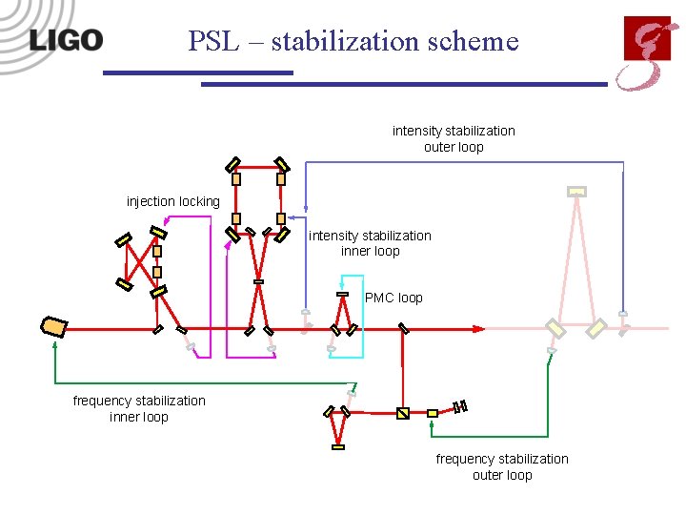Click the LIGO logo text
65,40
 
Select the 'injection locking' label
172,201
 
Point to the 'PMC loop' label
393,298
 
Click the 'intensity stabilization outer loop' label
454,138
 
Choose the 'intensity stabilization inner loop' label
370,243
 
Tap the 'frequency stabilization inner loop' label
139,408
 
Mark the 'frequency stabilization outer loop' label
502,466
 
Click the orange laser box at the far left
53,327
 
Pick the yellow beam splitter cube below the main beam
402,413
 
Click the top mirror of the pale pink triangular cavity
576,191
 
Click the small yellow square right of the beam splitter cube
432,413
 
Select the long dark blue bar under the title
404,84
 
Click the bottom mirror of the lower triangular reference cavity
338,445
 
